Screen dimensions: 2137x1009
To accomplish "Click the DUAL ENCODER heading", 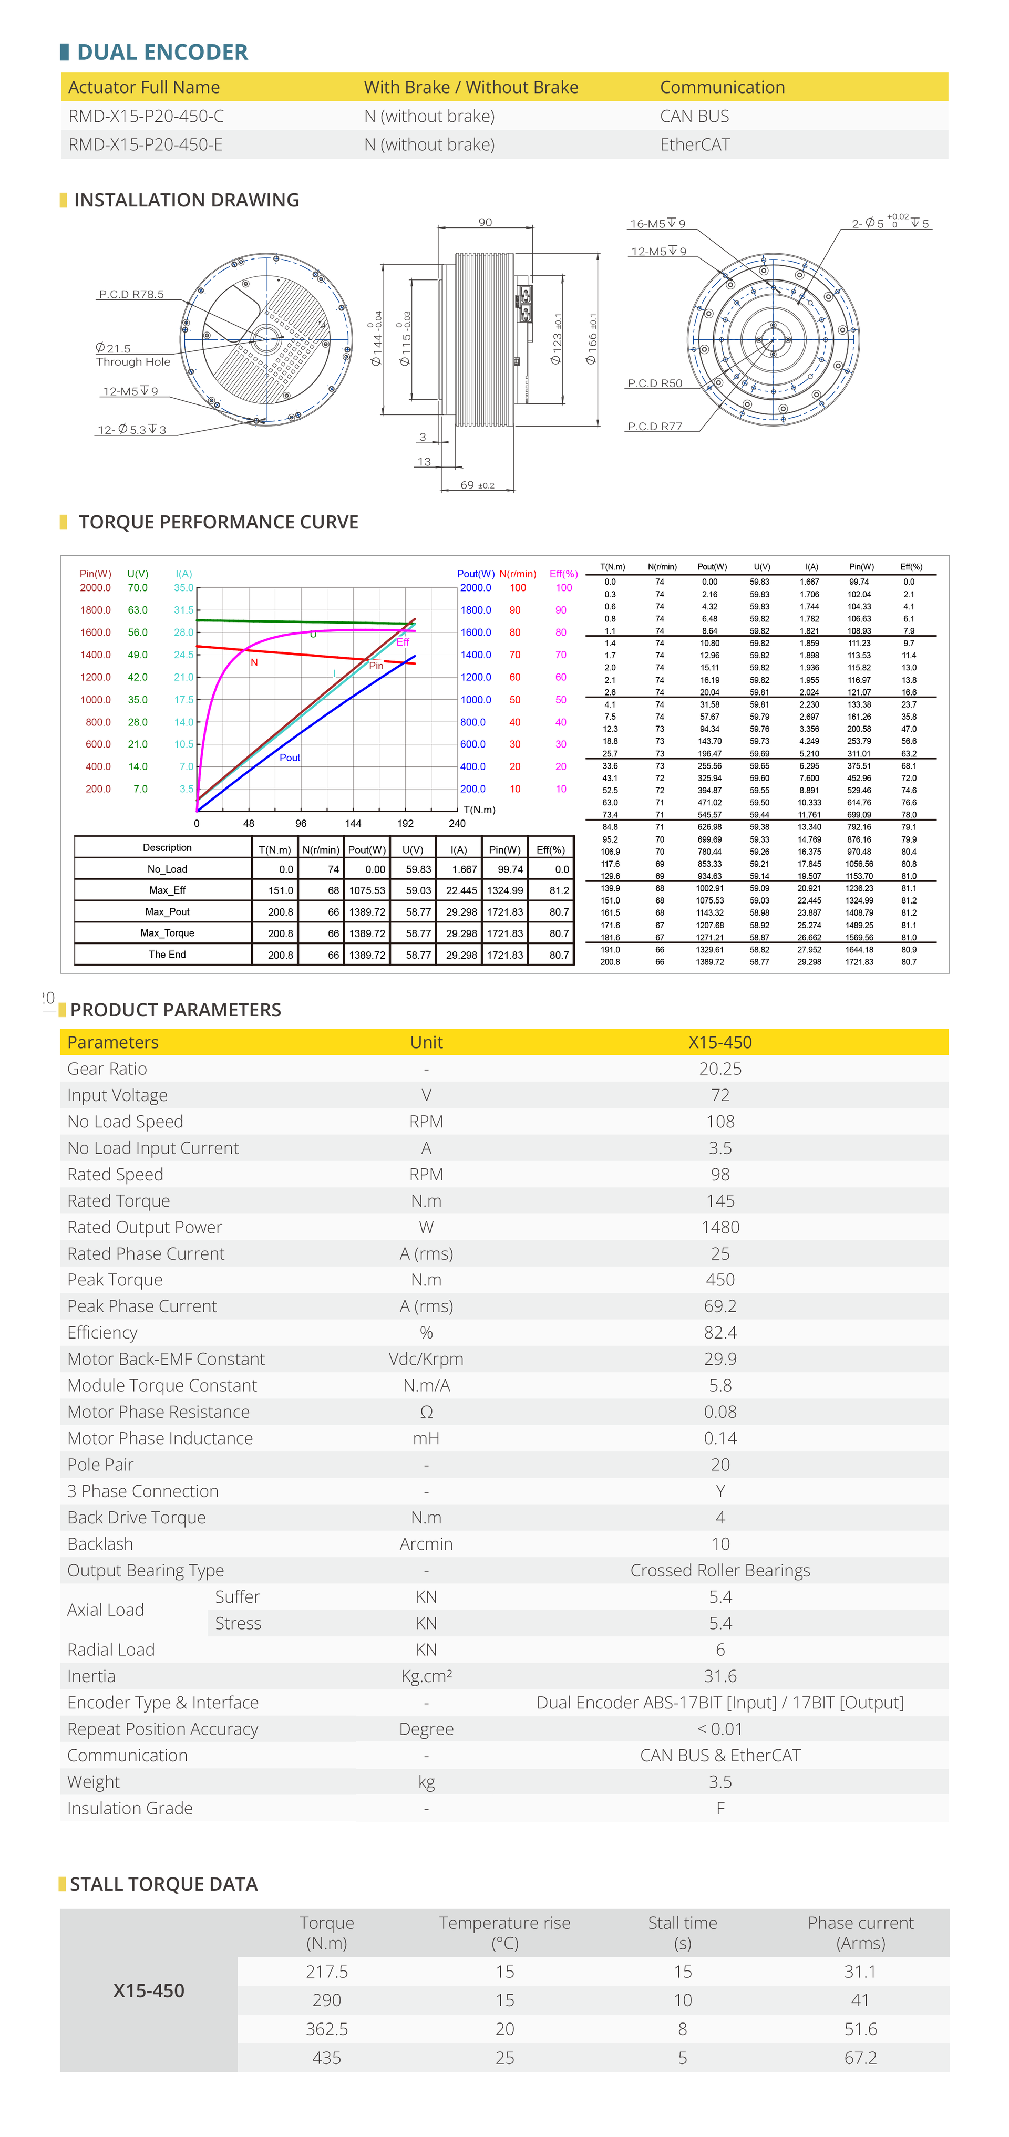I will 162,52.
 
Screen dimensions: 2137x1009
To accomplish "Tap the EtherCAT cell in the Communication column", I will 695,144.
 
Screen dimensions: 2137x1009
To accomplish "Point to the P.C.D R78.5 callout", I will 131,295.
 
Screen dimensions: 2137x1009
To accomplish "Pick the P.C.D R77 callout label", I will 655,427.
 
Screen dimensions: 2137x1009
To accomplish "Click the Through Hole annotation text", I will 133,362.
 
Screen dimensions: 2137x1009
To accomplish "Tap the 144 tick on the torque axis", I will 353,824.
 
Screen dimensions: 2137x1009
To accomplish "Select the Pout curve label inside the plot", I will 290,758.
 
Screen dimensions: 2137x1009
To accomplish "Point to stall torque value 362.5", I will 327,2029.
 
